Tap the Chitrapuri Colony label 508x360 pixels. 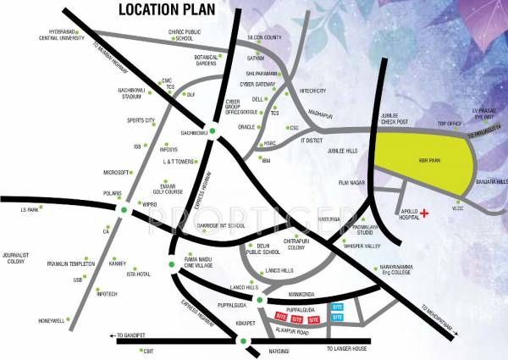pos(301,246)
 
